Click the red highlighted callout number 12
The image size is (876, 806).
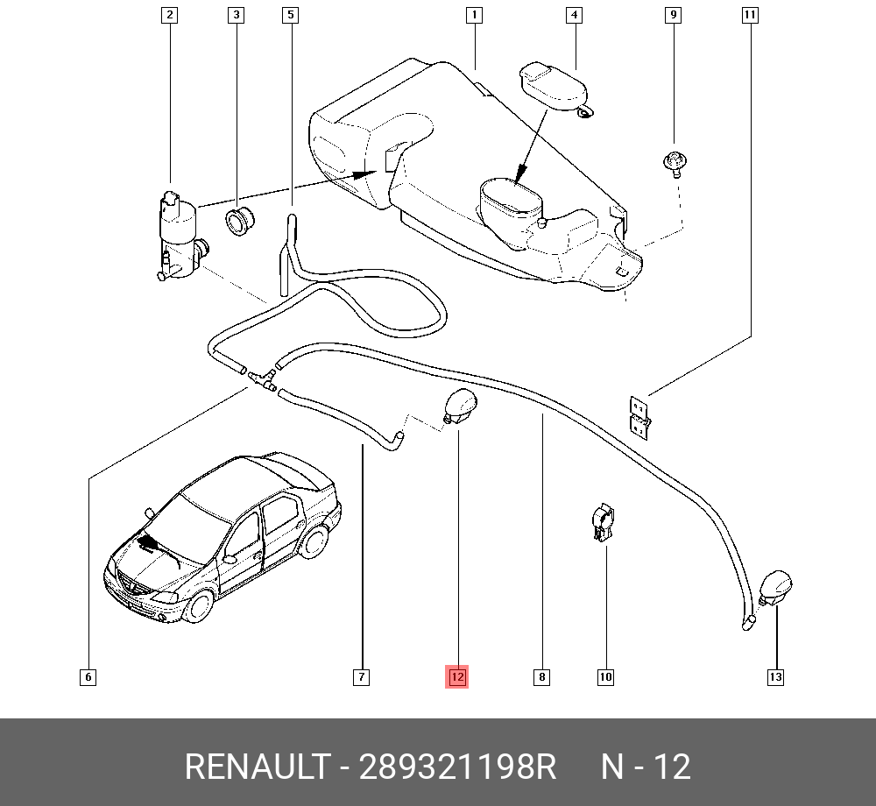(x=456, y=676)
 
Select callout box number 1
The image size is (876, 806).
(x=473, y=15)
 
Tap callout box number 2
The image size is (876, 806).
(x=169, y=15)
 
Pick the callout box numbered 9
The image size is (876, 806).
(x=673, y=15)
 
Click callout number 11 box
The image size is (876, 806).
(x=750, y=15)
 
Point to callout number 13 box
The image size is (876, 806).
(x=775, y=676)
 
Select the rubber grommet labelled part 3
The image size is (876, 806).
(x=238, y=222)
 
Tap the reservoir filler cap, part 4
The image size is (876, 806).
(x=552, y=85)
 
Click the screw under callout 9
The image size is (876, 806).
(x=674, y=163)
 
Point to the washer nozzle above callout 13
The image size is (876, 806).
(x=775, y=587)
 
